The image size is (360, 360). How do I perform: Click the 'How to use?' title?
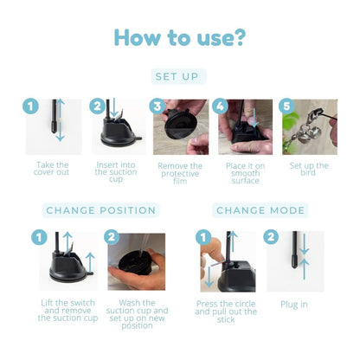180,38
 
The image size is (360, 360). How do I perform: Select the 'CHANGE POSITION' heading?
101,210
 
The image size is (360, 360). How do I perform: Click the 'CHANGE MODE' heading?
260,210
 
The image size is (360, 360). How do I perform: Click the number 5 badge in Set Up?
286,106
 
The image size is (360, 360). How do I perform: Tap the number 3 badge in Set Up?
157,106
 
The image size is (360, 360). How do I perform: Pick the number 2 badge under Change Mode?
271,237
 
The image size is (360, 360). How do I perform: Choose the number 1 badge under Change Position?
39,238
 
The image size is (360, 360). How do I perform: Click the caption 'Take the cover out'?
52,169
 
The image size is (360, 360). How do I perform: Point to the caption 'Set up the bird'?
309,170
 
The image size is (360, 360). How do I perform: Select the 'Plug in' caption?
294,305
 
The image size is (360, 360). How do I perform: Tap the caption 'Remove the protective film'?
180,174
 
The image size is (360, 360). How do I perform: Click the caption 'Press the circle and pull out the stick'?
226,312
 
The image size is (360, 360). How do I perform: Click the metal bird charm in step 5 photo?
311,133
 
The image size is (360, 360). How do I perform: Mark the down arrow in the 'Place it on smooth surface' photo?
254,118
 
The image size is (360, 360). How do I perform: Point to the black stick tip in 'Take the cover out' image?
54,127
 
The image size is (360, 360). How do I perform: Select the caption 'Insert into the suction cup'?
116,172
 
